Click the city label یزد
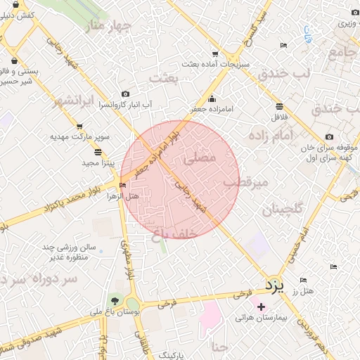click(273, 284)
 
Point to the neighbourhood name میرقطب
click(247, 183)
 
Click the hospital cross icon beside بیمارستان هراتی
click(262, 307)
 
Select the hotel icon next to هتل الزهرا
click(123, 186)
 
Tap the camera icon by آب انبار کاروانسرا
click(125, 94)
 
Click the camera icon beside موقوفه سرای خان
click(330, 136)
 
